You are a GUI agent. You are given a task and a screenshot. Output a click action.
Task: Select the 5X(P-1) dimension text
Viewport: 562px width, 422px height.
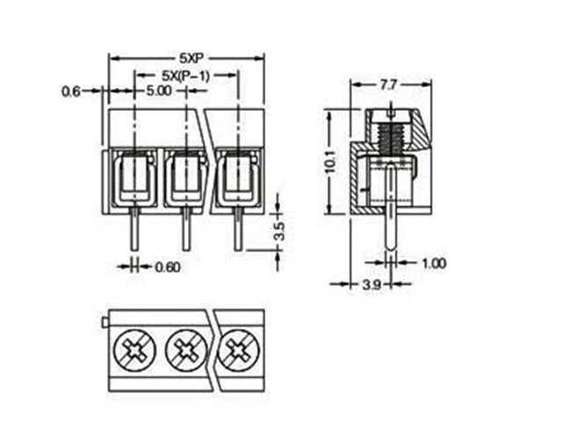185,75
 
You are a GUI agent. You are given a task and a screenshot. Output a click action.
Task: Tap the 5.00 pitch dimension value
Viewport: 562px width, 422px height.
159,91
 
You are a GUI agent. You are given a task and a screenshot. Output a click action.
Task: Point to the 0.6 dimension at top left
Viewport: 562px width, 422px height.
72,91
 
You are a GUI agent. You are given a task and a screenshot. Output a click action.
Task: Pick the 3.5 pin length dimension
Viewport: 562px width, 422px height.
280,232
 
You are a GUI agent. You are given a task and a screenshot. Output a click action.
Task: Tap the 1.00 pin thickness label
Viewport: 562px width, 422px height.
434,263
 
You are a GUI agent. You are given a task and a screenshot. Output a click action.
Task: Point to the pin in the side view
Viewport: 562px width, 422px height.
390,233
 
